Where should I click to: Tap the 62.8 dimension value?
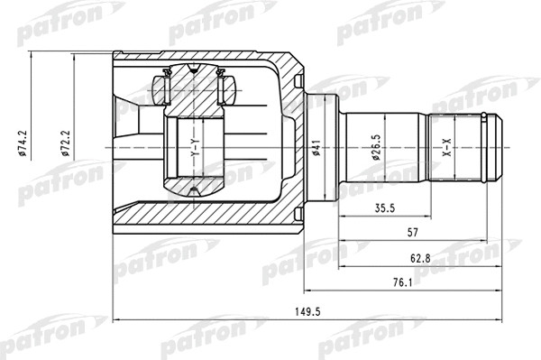[418, 259]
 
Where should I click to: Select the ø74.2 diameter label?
[28, 143]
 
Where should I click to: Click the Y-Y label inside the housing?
[195, 148]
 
